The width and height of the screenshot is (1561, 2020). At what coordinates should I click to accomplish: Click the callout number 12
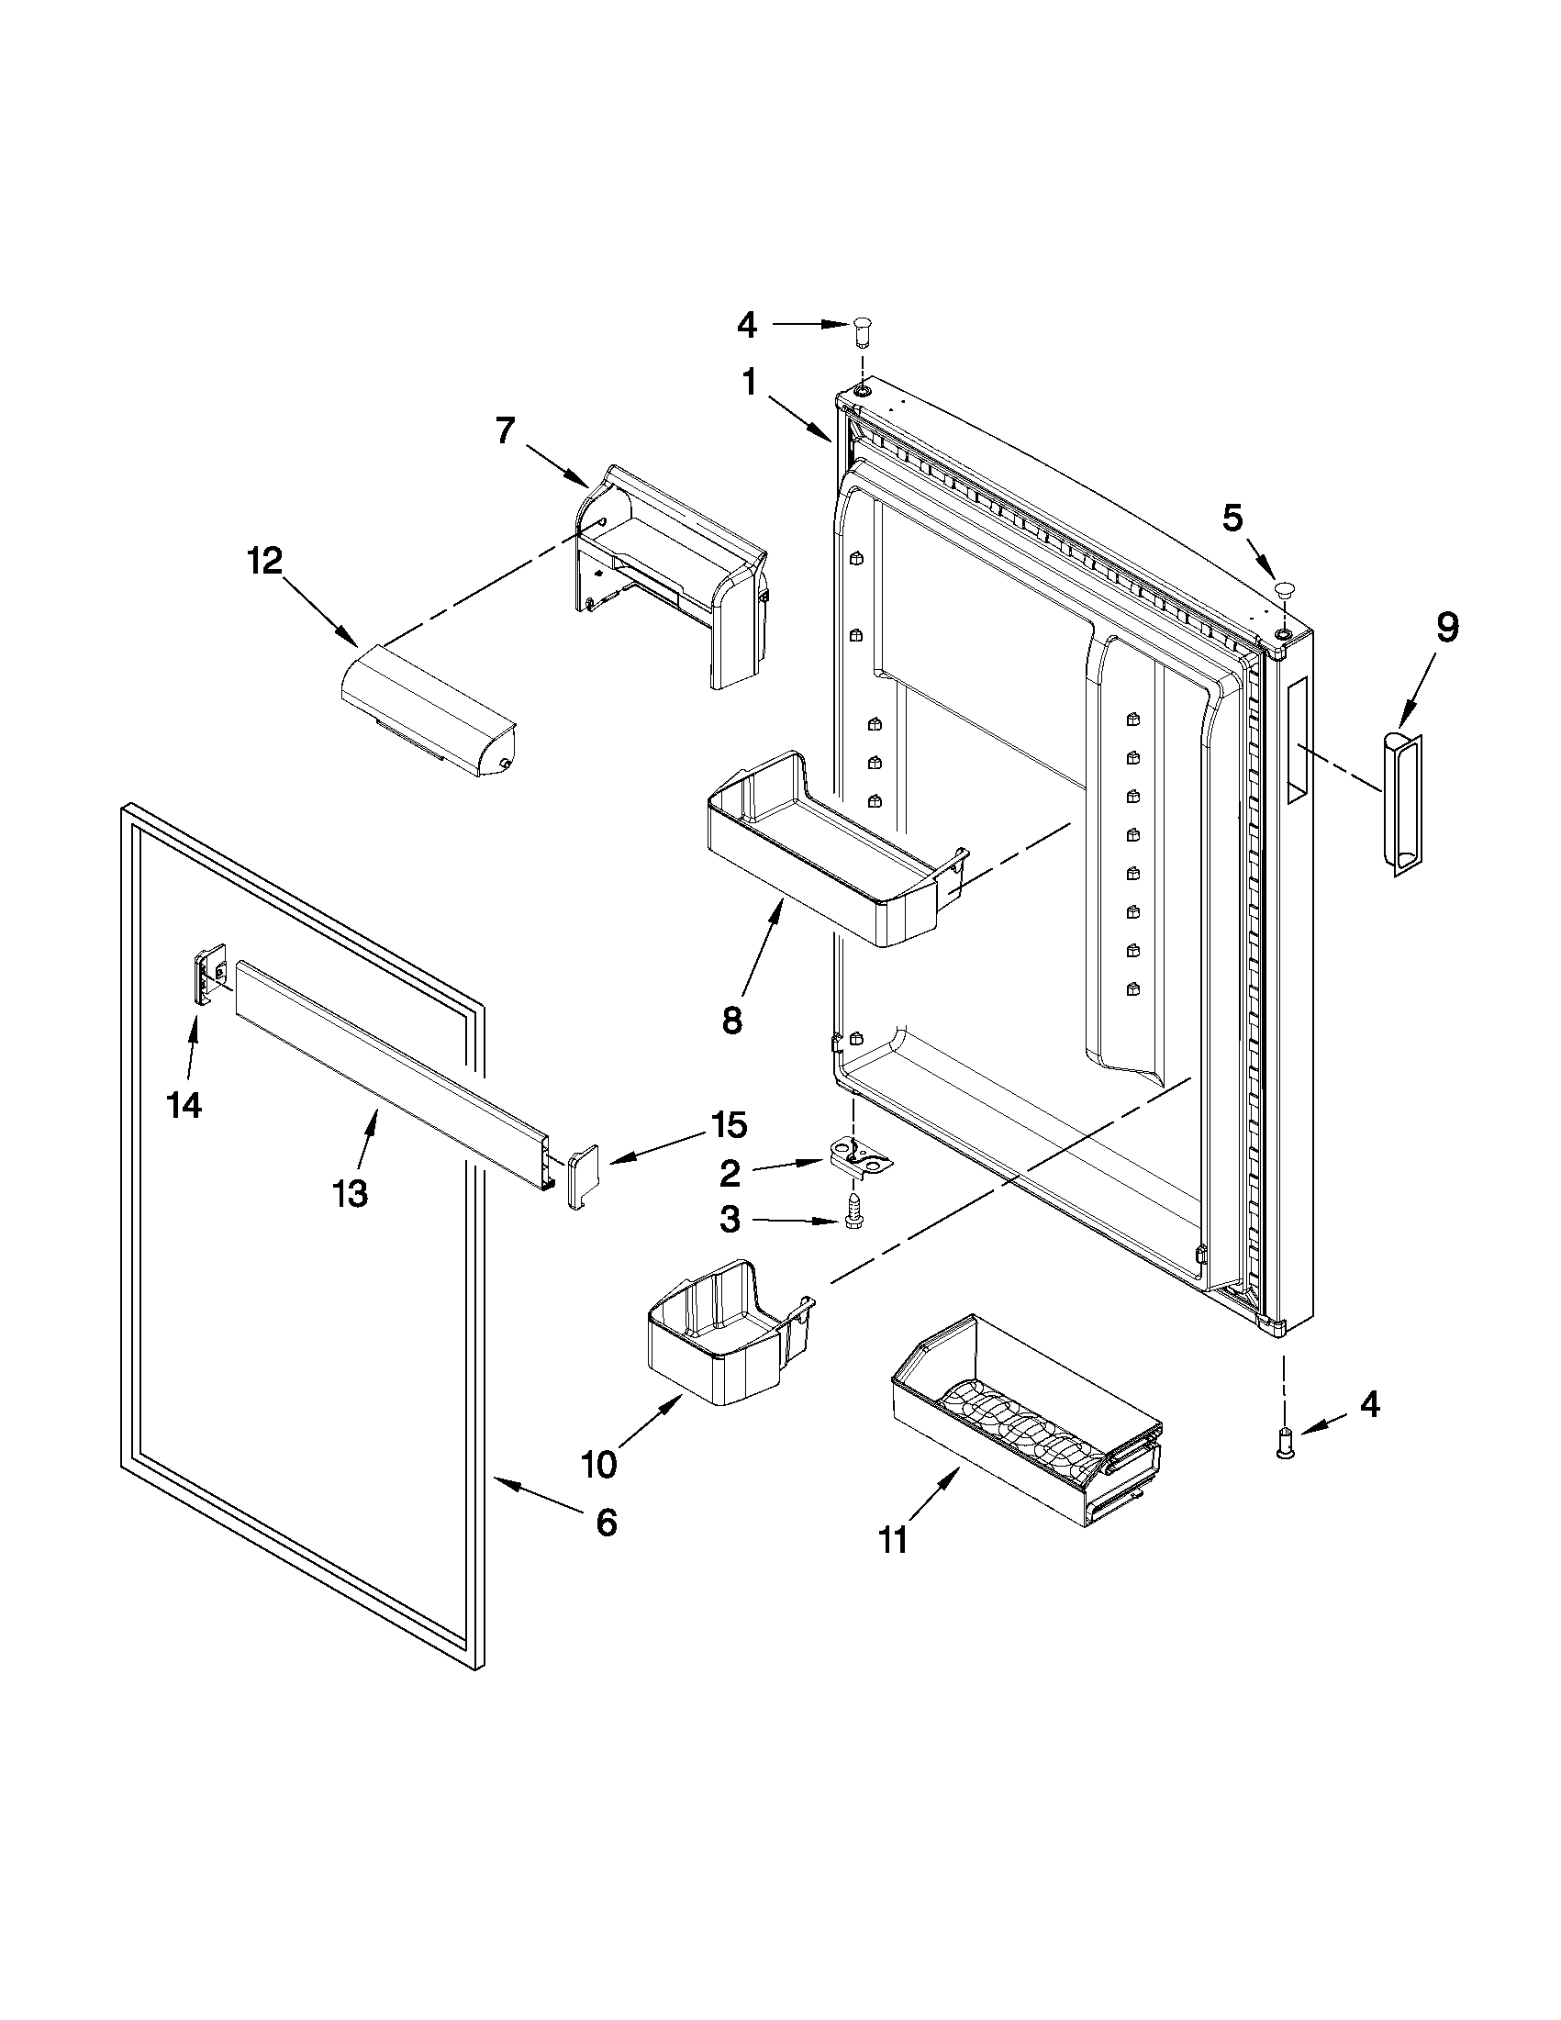(x=264, y=562)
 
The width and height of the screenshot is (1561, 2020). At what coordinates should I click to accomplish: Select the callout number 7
(x=504, y=431)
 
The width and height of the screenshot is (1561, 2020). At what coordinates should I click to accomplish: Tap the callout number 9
(x=1448, y=628)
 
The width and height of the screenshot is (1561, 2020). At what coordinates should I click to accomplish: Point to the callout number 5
(x=1232, y=519)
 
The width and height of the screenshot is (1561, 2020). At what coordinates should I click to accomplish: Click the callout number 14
(x=184, y=1104)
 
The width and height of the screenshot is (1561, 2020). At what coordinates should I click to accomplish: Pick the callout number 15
(x=728, y=1125)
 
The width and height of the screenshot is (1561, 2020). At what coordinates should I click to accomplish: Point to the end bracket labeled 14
(x=210, y=973)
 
